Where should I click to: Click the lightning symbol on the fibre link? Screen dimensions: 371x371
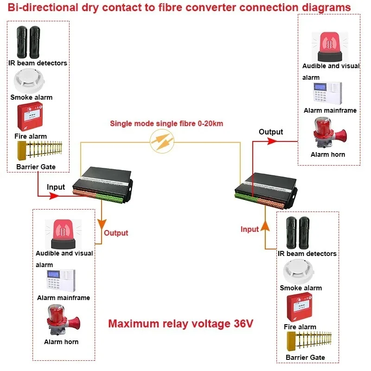(163, 141)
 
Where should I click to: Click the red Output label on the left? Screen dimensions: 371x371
(116, 233)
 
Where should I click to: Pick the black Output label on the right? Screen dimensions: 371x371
(271, 132)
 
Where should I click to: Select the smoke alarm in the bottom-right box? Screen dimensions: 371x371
(300, 272)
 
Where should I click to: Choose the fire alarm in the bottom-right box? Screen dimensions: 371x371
(300, 308)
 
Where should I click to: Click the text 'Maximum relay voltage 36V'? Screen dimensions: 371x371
(181, 323)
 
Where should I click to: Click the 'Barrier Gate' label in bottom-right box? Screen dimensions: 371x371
(305, 357)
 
